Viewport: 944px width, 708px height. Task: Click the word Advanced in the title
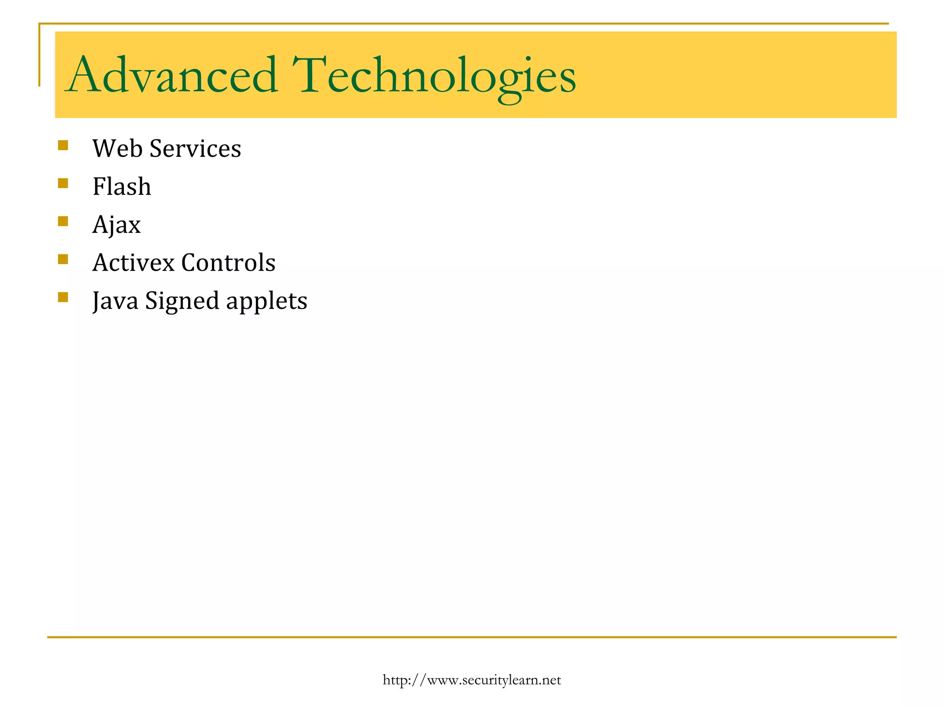(171, 75)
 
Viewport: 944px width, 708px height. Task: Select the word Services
(195, 148)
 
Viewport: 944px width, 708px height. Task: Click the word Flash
(122, 187)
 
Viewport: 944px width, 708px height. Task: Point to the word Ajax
(116, 225)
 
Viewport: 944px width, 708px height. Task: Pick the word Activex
(134, 263)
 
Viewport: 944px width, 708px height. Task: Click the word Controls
(229, 263)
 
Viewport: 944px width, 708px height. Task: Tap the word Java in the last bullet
(115, 301)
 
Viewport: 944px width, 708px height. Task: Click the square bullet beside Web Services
(63, 146)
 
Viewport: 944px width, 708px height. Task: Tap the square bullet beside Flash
(63, 183)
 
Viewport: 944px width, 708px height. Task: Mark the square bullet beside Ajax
(63, 221)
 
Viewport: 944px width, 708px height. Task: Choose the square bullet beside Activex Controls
(63, 259)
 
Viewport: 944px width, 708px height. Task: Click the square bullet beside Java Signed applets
(63, 297)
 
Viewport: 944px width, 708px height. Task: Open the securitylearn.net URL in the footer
(472, 680)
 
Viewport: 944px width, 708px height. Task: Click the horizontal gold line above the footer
(472, 637)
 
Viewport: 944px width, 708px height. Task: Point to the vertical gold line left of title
(39, 55)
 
